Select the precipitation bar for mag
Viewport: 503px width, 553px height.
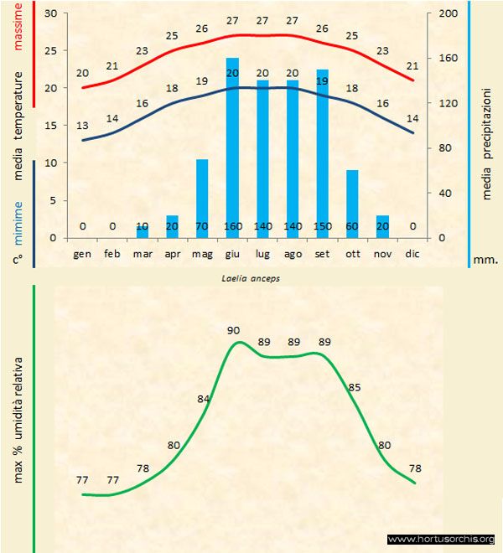pyautogui.click(x=202, y=198)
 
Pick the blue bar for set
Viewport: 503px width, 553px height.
pyautogui.click(x=322, y=151)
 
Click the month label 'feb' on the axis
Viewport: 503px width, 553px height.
pyautogui.click(x=112, y=252)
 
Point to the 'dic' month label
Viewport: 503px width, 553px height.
pyautogui.click(x=412, y=252)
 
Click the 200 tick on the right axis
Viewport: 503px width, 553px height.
pyautogui.click(x=449, y=13)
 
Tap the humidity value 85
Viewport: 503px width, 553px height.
pyautogui.click(x=355, y=387)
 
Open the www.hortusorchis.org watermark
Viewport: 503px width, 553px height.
pyautogui.click(x=442, y=539)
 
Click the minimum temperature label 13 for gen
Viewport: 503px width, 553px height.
pyautogui.click(x=82, y=125)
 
